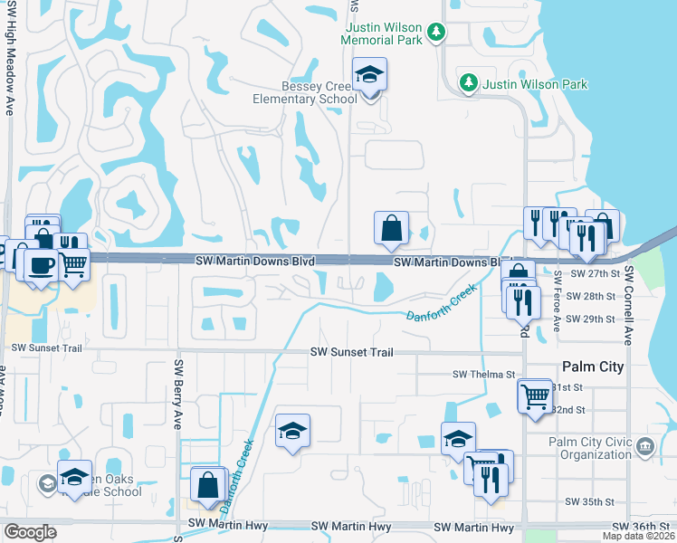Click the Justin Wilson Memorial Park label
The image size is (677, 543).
(383, 33)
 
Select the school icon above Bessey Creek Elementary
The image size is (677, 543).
(369, 75)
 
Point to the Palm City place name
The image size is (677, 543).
(593, 367)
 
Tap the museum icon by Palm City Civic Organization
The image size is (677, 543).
(644, 446)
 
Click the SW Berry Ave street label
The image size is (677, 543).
(178, 395)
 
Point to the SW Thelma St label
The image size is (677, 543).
(483, 374)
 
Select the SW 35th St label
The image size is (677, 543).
(589, 501)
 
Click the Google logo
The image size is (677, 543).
(30, 532)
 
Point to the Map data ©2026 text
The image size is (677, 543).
(638, 536)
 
